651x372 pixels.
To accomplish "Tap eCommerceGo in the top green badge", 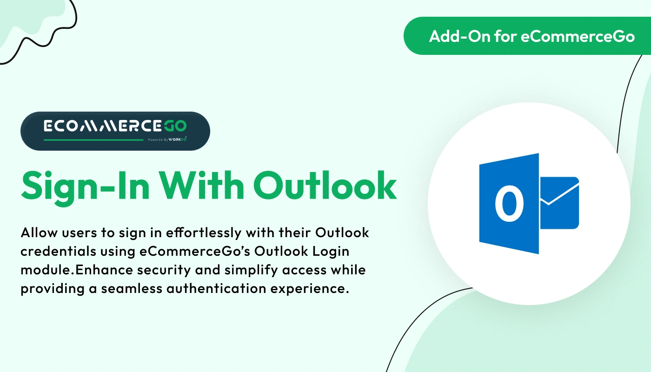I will point(578,36).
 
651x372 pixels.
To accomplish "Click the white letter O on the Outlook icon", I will point(509,204).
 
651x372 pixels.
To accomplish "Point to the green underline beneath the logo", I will point(93,139).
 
